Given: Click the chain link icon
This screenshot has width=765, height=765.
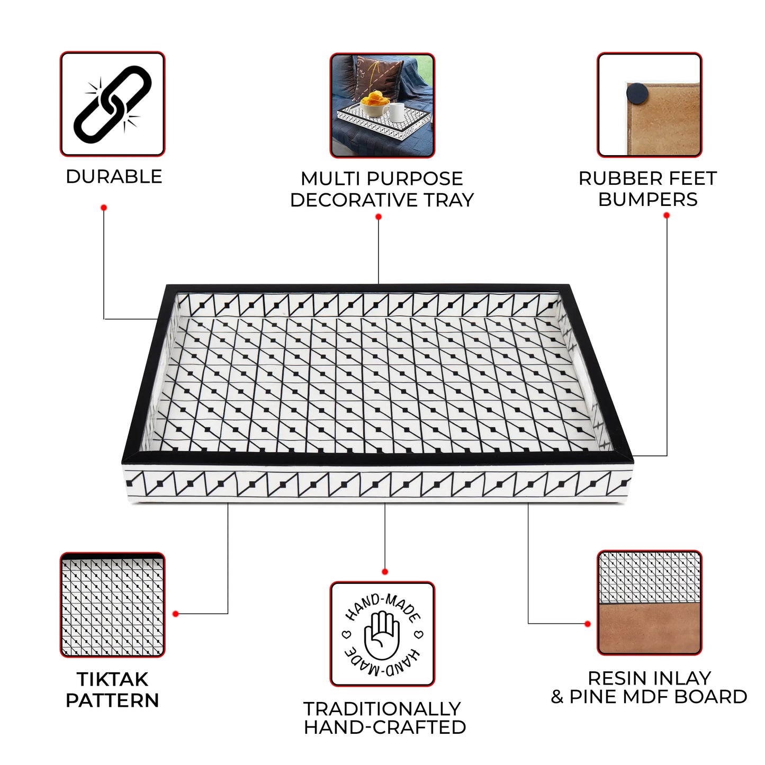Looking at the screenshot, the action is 112,104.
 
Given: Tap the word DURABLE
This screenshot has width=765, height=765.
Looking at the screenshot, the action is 114,176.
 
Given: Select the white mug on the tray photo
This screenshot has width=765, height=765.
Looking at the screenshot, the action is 395,112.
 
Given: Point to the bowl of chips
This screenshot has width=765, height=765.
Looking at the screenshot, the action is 375,103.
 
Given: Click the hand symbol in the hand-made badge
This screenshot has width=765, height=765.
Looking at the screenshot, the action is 382,635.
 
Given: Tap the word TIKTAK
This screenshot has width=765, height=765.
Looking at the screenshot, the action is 112,679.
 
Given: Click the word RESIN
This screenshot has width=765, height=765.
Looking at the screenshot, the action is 615,678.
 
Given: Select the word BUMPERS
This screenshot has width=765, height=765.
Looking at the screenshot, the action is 647,199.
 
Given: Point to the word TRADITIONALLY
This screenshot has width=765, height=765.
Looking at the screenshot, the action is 382,709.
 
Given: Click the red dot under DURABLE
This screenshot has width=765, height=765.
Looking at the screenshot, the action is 104,208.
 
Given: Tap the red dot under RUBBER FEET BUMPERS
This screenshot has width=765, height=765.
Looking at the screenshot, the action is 667,215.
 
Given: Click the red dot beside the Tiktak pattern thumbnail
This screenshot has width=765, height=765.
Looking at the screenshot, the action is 176,614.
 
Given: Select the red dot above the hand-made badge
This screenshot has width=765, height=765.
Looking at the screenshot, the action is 384,572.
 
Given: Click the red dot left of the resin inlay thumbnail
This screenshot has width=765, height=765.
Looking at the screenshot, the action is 588,624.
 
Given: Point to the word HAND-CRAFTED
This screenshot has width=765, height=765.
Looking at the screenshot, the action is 385,727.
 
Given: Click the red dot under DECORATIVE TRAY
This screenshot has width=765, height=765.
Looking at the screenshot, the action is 379,217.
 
